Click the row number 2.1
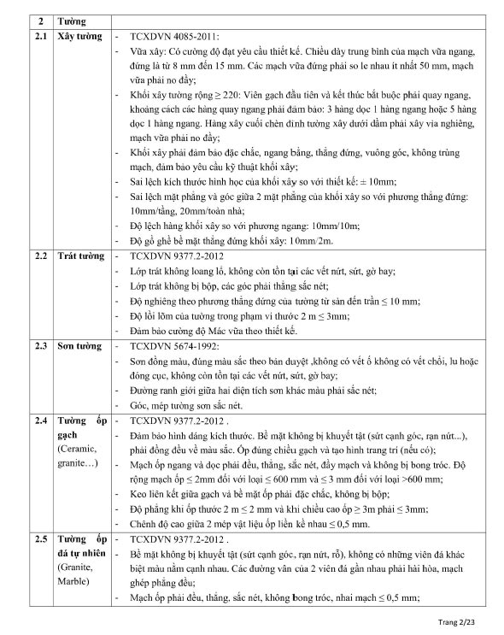coord(40,38)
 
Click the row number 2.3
coord(40,347)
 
